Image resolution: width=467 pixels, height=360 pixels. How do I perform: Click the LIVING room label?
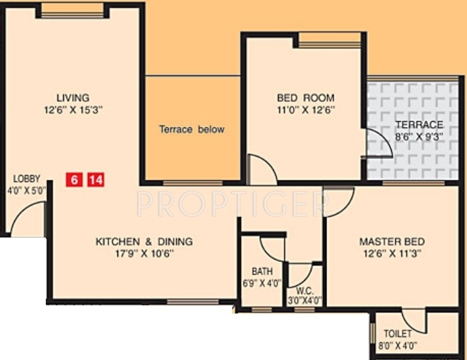tap(73, 97)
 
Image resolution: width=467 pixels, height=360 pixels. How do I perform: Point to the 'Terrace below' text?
tap(191, 129)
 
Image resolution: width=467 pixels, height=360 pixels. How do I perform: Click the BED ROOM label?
tap(306, 98)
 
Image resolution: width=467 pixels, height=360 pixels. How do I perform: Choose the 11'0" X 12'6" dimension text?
tap(306, 109)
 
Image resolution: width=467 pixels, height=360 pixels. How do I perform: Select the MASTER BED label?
tap(392, 242)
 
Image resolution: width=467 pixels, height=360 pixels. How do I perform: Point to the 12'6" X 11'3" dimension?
tap(392, 253)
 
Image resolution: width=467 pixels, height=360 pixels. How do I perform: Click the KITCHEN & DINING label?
tap(144, 241)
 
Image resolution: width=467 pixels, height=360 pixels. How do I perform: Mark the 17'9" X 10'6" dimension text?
tap(144, 253)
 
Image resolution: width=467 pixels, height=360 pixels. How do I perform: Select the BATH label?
tap(262, 271)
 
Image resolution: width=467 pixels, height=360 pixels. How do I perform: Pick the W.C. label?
tap(304, 291)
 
